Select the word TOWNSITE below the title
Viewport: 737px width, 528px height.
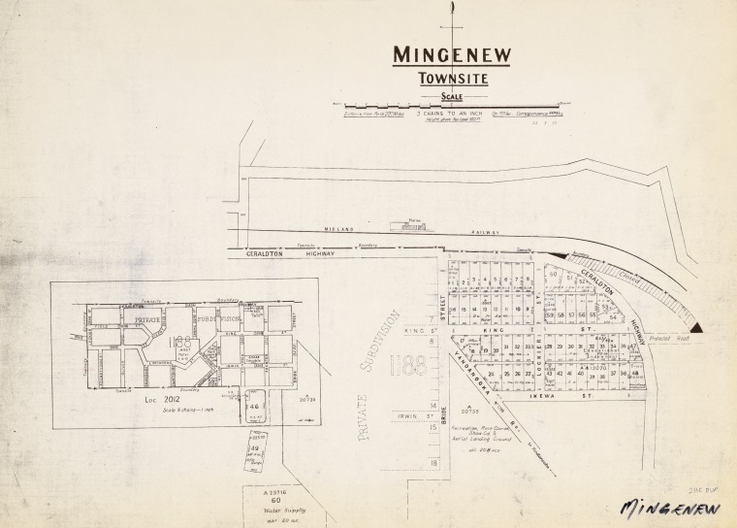click(451, 81)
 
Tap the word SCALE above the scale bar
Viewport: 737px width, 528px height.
click(451, 96)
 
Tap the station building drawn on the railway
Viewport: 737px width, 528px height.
click(399, 226)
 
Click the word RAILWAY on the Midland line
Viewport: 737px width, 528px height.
click(485, 233)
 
